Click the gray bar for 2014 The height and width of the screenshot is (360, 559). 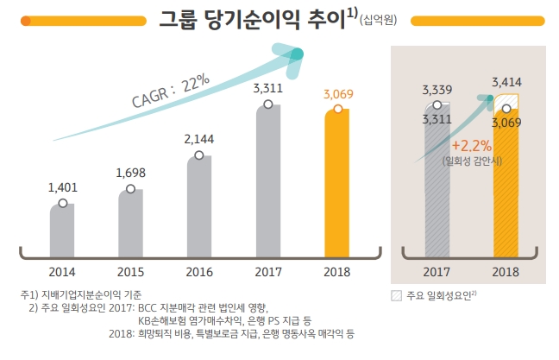(62, 231)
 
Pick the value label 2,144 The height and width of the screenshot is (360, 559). (199, 137)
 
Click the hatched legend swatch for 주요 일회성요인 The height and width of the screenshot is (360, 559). (396, 295)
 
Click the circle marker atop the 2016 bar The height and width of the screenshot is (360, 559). (199, 155)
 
